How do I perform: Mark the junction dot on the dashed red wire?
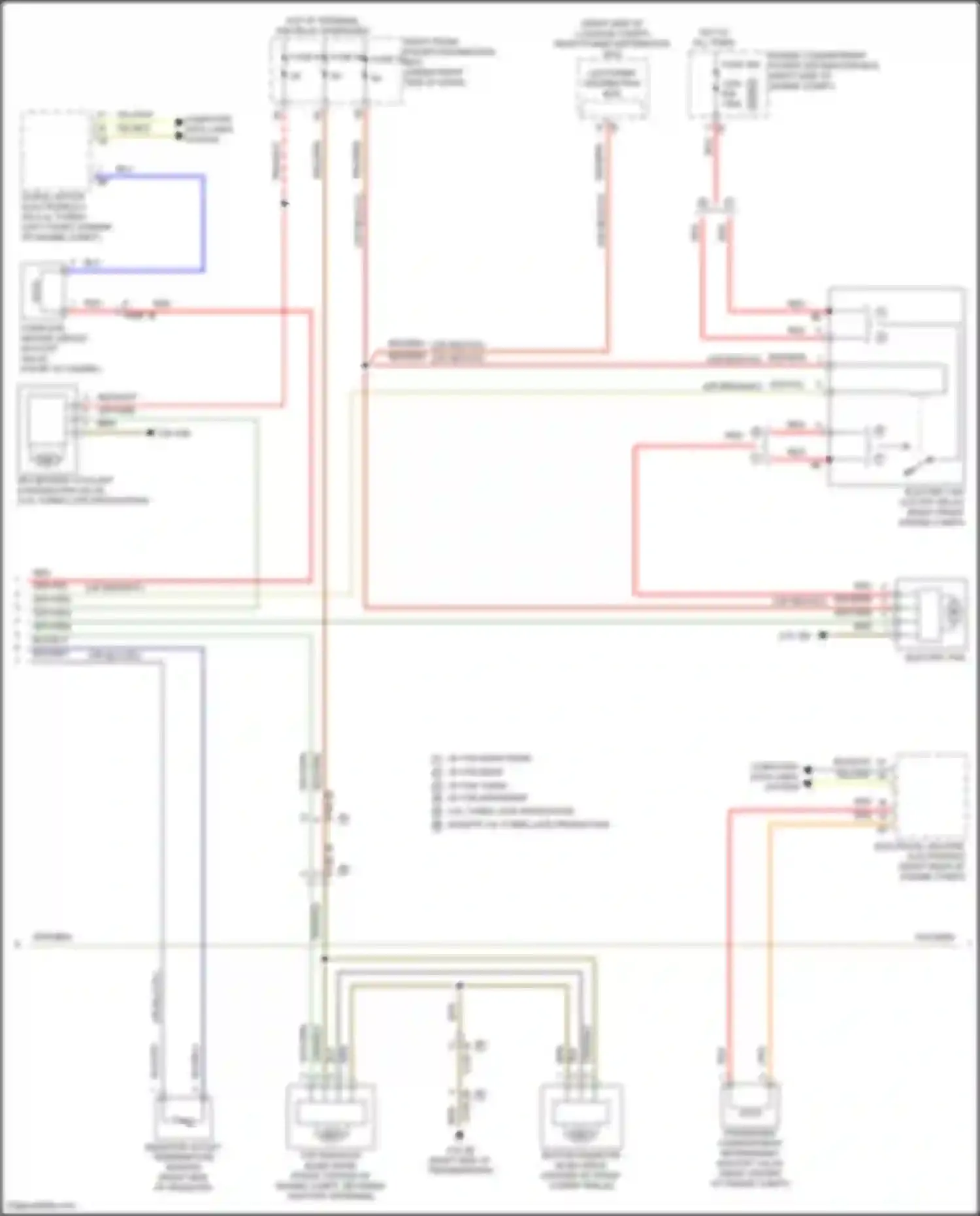(x=285, y=204)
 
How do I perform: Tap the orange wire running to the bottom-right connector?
(x=770, y=947)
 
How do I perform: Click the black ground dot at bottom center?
(x=459, y=1135)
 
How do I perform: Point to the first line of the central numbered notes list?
(x=483, y=759)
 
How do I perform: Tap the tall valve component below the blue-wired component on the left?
(x=46, y=428)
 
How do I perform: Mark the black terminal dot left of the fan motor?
(x=823, y=635)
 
